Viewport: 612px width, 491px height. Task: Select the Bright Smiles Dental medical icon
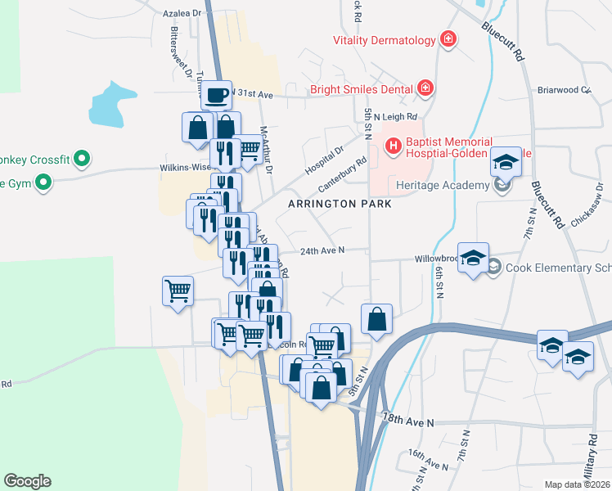pyautogui.click(x=425, y=88)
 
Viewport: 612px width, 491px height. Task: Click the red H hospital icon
pyautogui.click(x=394, y=146)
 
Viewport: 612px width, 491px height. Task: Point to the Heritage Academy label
pyautogui.click(x=442, y=184)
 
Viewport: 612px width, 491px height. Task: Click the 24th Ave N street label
pyautogui.click(x=322, y=250)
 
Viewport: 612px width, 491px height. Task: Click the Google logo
pyautogui.click(x=27, y=481)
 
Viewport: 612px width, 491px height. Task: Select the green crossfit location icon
pyautogui.click(x=81, y=158)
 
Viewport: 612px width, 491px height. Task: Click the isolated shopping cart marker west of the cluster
pyautogui.click(x=178, y=291)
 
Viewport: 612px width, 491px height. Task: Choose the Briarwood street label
pyautogui.click(x=563, y=90)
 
